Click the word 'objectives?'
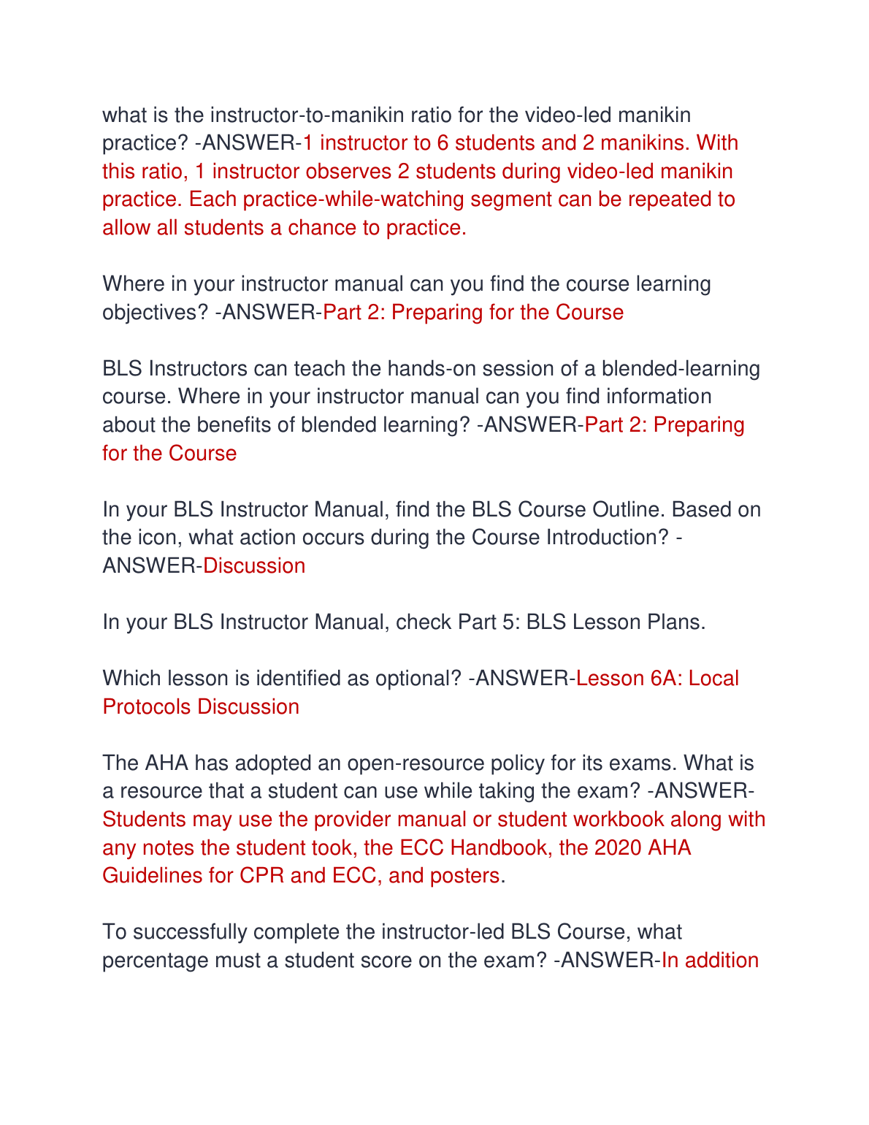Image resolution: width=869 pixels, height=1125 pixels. point(155,313)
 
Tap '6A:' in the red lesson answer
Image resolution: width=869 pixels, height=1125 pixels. point(665,679)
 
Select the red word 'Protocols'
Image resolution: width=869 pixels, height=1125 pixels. point(147,707)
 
